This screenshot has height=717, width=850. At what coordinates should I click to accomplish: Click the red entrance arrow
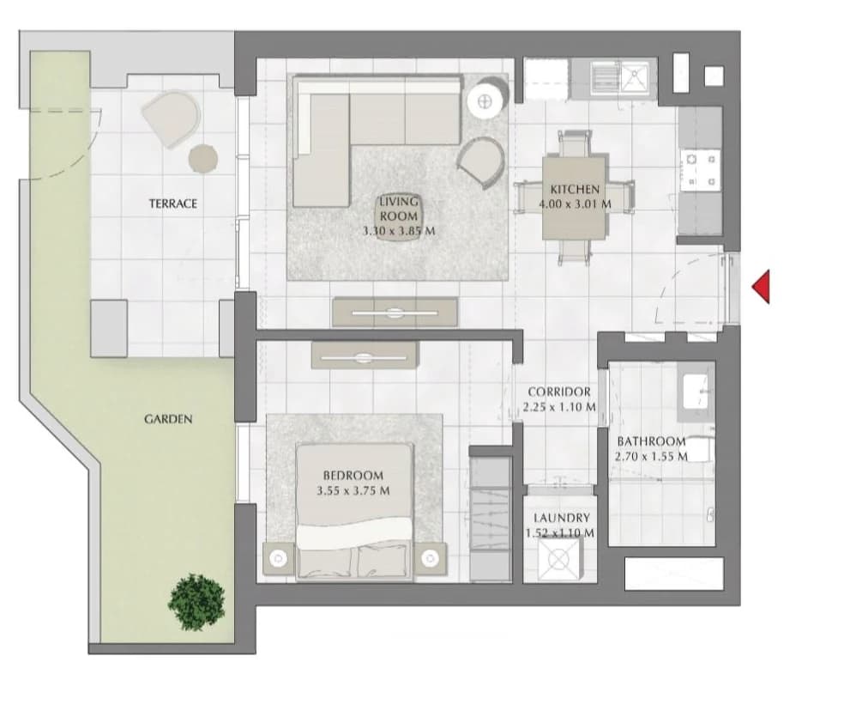[x=763, y=287]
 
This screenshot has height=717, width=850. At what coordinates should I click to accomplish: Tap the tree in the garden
[x=196, y=602]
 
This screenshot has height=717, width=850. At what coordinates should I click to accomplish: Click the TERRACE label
[x=173, y=204]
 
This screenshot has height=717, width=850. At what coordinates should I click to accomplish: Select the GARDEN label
[x=168, y=419]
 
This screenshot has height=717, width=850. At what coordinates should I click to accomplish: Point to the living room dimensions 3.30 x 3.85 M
[x=399, y=231]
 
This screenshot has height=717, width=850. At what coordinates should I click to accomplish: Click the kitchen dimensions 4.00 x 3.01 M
[x=576, y=204]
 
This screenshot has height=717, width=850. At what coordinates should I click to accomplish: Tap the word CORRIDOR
[x=559, y=392]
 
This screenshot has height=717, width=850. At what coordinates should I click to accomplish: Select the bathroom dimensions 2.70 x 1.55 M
[x=651, y=457]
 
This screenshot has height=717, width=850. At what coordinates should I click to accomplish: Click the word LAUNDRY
[x=561, y=518]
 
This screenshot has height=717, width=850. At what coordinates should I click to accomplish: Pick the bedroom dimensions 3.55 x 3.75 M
[x=353, y=490]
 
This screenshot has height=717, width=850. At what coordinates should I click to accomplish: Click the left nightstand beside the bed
[x=279, y=558]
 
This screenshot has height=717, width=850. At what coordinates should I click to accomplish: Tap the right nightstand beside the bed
[x=431, y=558]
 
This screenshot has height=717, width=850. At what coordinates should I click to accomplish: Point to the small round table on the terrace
[x=203, y=159]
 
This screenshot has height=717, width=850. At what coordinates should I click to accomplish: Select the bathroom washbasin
[x=696, y=392]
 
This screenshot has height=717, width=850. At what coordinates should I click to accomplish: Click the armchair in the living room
[x=481, y=161]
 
